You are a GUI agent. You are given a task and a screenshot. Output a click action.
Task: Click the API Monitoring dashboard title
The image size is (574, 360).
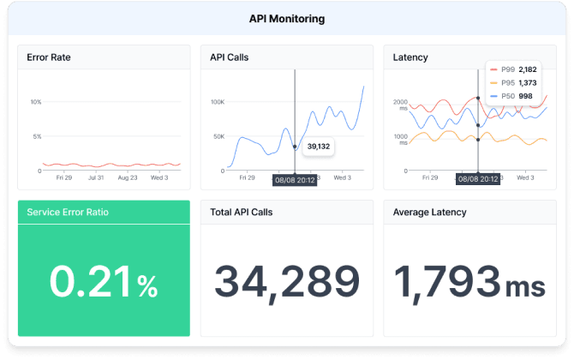coord(286,18)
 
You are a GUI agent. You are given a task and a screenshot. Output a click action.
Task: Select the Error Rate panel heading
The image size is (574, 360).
coord(49,57)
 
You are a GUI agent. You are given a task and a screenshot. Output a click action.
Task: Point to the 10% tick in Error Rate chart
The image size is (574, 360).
coord(36,102)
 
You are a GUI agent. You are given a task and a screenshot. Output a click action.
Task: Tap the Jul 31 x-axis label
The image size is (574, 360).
coord(95,178)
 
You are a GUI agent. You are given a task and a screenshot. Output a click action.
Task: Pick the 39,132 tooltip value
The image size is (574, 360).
coord(319,146)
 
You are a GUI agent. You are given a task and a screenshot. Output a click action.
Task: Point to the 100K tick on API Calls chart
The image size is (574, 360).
coord(218,102)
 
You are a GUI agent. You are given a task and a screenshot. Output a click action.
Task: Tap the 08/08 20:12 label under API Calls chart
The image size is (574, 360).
coord(295,180)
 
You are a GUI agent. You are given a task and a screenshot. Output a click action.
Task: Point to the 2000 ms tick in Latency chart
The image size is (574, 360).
coord(401,105)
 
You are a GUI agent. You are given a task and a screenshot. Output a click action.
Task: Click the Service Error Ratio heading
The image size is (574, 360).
coord(68,212)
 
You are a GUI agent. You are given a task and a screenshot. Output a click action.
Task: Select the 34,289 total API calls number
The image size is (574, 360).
coord(286,281)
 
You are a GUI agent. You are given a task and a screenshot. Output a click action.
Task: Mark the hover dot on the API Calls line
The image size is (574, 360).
coord(295,147)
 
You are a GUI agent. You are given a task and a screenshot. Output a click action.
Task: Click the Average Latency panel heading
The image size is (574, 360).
coord(429,212)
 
